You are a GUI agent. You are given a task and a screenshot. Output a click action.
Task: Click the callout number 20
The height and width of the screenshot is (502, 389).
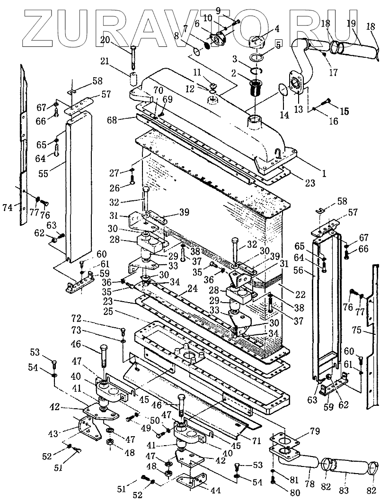click(x=105, y=40)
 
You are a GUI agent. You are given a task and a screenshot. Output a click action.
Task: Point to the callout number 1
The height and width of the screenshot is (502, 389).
click(x=324, y=174)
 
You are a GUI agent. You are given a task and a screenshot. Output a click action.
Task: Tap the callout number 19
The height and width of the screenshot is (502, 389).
click(x=351, y=23)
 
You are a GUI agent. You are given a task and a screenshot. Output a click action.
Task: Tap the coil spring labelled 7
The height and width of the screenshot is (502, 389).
click(x=206, y=45)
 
